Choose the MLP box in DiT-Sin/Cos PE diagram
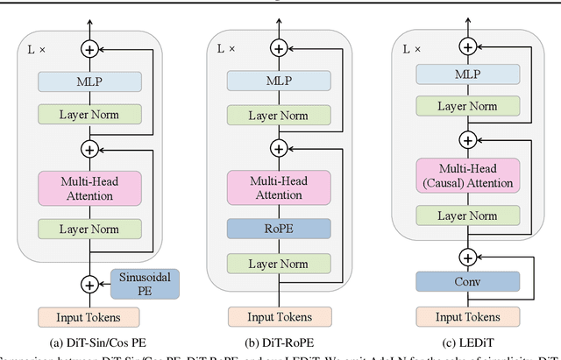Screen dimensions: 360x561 [x=89, y=81]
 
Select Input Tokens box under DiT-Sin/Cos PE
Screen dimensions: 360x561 [x=89, y=316]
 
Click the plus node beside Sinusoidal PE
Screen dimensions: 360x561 [x=89, y=285]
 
